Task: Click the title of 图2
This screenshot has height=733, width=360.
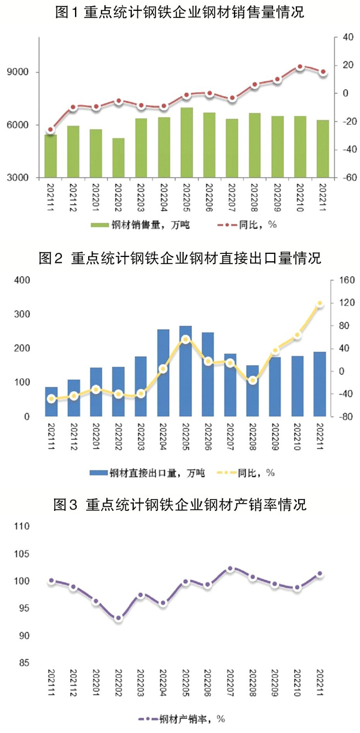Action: point(180,259)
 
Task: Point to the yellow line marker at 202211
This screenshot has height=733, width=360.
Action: point(320,304)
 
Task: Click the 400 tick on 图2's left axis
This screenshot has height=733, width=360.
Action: point(22,280)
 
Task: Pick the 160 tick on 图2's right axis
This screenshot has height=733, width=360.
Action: point(344,280)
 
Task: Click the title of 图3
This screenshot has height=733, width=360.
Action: point(180,505)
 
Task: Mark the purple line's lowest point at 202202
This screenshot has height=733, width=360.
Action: point(118,618)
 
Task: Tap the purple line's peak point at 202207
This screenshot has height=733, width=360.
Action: point(230,568)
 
